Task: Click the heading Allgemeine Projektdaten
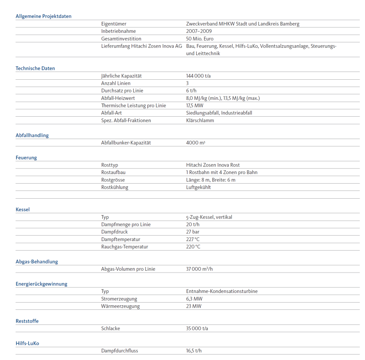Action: pos(43,16)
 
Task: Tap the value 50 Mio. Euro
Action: pos(199,39)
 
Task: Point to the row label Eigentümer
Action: pos(114,24)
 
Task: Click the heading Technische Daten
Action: pos(35,68)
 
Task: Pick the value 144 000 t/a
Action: pos(198,76)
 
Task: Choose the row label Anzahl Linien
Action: pos(115,83)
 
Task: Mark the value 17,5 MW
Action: pos(194,106)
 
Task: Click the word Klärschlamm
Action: pos(200,120)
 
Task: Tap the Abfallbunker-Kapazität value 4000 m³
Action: pos(195,143)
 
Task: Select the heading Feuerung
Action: pos(26,158)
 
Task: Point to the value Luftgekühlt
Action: pos(198,187)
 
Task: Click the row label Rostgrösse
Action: pos(113,180)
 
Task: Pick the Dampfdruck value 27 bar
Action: pos(193,232)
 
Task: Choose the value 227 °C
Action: pos(193,239)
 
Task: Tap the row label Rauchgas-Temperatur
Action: pos(125,247)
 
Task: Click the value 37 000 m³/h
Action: pos(199,269)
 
